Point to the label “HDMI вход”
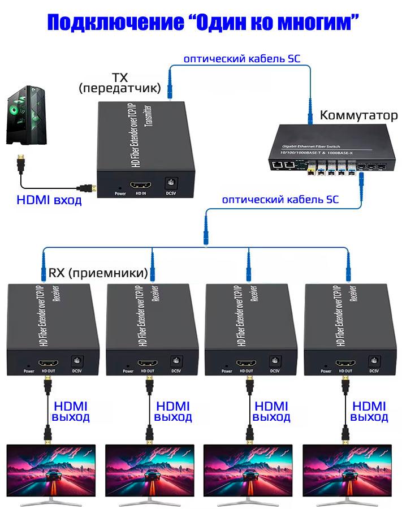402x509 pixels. (x=49, y=200)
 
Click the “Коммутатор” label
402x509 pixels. (x=358, y=115)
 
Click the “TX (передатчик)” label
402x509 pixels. (x=120, y=83)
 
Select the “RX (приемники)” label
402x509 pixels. (x=98, y=273)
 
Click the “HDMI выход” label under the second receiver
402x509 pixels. (x=174, y=411)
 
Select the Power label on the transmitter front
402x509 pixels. (x=120, y=193)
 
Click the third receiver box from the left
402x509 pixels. (x=250, y=328)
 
